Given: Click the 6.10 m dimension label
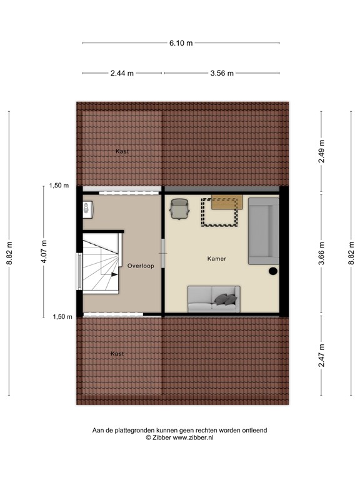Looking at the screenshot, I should pos(181,42).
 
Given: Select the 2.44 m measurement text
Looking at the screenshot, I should pos(122,73).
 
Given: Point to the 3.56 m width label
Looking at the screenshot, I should pos(222,73).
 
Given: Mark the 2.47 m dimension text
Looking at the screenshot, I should pos(321,356).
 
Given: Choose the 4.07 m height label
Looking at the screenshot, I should pos(44,252).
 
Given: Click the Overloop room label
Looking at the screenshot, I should pos(140,266).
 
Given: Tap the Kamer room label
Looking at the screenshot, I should pos(217,258).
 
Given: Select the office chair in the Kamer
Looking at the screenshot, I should pos(180,209).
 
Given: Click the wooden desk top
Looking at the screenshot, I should pos(226,202).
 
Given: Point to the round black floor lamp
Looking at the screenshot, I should pos(273,271).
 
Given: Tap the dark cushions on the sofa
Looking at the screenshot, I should pos(226,299).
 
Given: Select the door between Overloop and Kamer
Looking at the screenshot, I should pos(163,256).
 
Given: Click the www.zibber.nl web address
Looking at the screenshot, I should pos(193,438).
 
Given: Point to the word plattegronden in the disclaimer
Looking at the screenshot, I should pos(138,431).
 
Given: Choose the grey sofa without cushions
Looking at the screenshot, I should pos(263,230).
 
